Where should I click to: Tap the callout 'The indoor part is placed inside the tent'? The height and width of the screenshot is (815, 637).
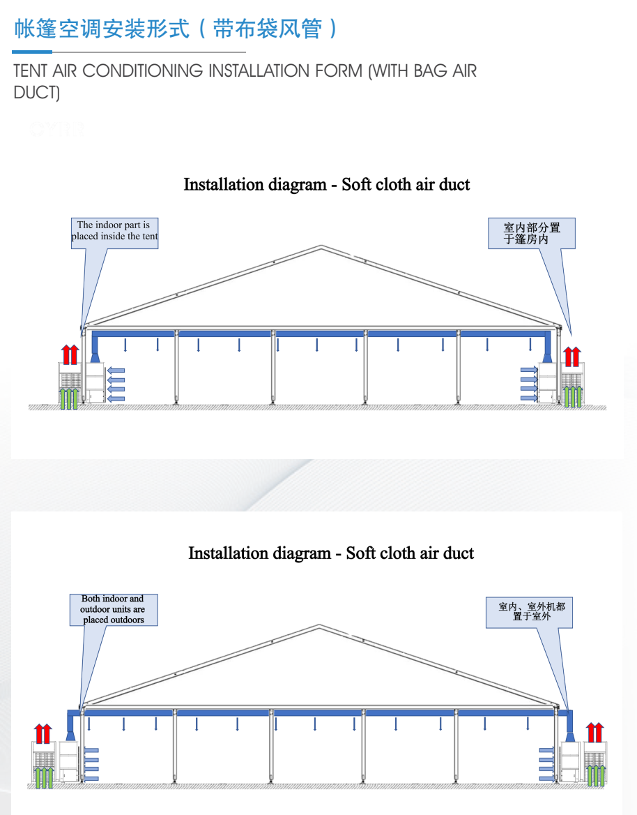[x=114, y=231]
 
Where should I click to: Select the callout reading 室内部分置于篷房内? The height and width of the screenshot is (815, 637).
[x=531, y=233]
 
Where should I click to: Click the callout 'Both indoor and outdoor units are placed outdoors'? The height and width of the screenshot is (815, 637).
[x=113, y=609]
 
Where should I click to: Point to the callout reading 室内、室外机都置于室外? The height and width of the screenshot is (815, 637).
[x=531, y=611]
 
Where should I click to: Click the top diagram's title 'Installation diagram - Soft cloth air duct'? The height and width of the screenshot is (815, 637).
[x=326, y=185]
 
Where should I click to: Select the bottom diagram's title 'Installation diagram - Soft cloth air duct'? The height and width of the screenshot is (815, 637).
[x=331, y=553]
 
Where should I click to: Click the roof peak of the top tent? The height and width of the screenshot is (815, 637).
[x=321, y=246]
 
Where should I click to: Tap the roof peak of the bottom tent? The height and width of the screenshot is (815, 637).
[x=319, y=626]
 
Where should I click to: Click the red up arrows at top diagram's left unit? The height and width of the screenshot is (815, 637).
[x=70, y=354]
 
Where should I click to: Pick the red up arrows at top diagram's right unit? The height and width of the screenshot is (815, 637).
[x=571, y=356]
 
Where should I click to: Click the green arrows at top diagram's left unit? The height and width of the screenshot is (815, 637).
[x=69, y=398]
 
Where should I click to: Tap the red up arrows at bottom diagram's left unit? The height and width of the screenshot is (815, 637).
[x=43, y=733]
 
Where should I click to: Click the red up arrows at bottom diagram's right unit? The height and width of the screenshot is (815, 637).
[x=594, y=733]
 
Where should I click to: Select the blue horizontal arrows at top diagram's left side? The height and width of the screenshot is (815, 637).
[x=116, y=384]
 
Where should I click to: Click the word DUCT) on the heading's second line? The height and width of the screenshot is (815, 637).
[x=37, y=93]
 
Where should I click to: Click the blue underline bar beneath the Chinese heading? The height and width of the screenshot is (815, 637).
[x=32, y=52]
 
